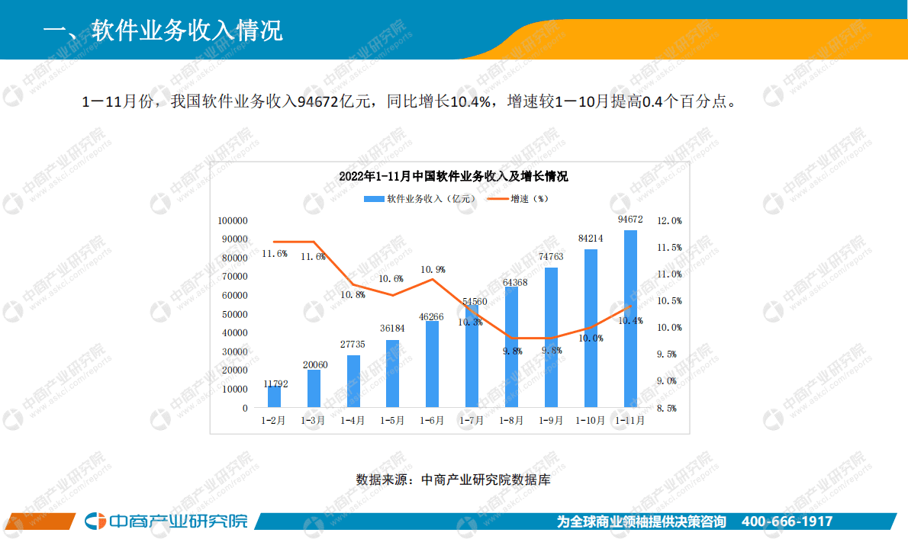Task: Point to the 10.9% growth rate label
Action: [433, 269]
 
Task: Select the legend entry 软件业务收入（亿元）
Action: [420, 198]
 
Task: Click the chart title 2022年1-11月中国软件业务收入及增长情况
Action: [453, 177]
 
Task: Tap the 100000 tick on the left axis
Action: [233, 220]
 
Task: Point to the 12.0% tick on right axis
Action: [669, 221]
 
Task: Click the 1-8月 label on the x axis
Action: [511, 420]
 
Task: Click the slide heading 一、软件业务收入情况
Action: [163, 30]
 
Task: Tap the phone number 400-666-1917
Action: [787, 521]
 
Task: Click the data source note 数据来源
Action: [452, 480]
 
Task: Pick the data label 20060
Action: [314, 364]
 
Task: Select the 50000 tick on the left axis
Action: [235, 314]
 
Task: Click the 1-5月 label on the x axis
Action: [392, 420]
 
